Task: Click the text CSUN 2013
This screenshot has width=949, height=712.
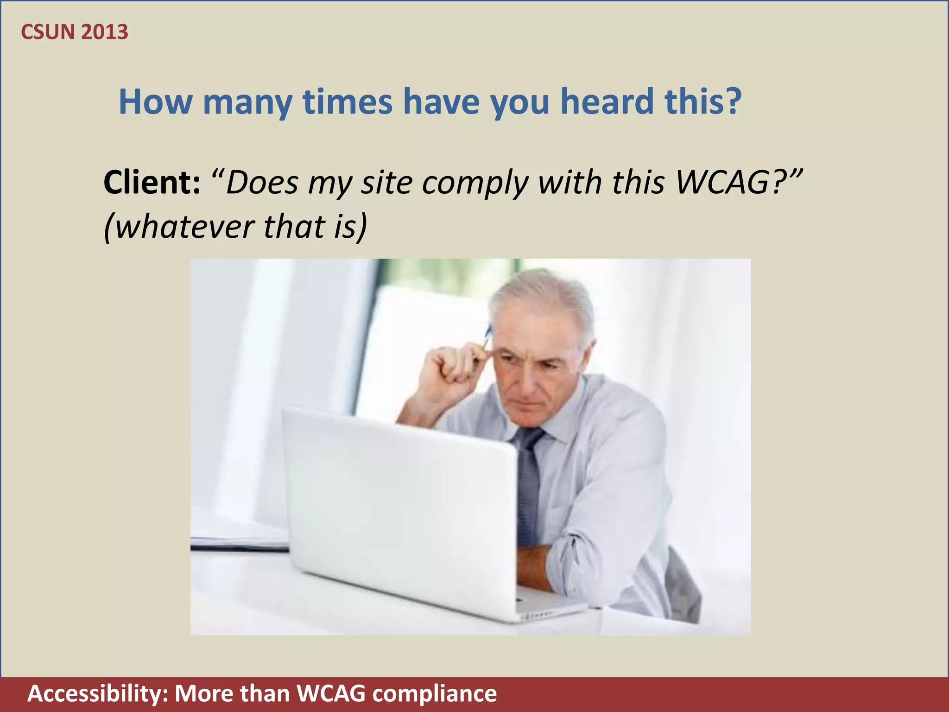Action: (75, 32)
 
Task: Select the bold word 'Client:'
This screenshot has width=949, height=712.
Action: (152, 182)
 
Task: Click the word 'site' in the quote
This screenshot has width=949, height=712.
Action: (386, 182)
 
